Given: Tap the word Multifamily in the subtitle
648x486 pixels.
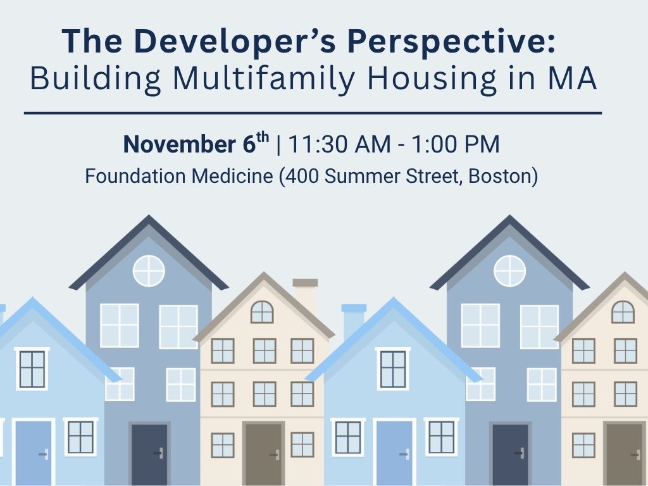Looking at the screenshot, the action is tap(264, 79).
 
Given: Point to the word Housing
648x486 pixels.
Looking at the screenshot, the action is tap(432, 79).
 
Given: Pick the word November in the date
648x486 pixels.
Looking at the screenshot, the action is tap(180, 144).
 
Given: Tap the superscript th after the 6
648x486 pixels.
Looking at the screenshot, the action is tap(263, 137).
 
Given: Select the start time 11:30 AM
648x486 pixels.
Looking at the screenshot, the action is tap(339, 144).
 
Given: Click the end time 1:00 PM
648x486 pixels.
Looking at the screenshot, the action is tap(456, 144).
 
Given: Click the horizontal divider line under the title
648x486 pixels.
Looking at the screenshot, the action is tap(313, 113).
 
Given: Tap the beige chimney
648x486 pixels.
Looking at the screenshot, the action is tap(306, 295).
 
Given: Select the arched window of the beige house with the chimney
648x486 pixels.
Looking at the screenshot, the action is tap(262, 312).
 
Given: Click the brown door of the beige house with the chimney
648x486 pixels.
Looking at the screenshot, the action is tap(263, 453).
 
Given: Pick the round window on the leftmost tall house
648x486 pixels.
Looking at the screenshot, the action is tap(149, 271).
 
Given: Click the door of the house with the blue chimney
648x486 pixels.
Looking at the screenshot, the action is tap(394, 452).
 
